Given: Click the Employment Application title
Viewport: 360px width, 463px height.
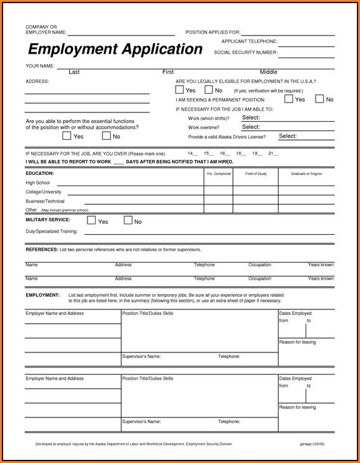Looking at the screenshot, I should pyautogui.click(x=115, y=49).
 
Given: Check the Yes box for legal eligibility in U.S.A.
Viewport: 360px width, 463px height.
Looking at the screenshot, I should pyautogui.click(x=180, y=90).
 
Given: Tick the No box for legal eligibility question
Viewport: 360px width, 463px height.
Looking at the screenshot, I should pyautogui.click(x=209, y=90).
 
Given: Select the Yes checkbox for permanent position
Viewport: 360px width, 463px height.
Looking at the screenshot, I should pyautogui.click(x=289, y=99).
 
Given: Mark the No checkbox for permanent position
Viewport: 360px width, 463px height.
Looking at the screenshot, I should pyautogui.click(x=319, y=99).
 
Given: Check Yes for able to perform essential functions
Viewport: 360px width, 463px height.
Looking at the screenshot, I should pyautogui.click(x=67, y=136).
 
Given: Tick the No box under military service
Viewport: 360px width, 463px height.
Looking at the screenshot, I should pyautogui.click(x=128, y=221).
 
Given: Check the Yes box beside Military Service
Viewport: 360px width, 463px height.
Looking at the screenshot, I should pyautogui.click(x=91, y=221).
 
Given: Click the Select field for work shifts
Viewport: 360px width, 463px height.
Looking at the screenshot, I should pyautogui.click(x=251, y=117).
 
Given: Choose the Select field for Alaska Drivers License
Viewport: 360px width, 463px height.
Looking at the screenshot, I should pyautogui.click(x=287, y=136).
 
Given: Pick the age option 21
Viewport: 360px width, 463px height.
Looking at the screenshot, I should pyautogui.click(x=271, y=153).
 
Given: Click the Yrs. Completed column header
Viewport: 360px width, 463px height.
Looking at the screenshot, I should pyautogui.click(x=218, y=173).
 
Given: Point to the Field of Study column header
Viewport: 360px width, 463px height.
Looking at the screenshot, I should pyautogui.click(x=256, y=173).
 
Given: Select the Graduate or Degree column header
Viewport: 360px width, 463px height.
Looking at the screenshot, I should pyautogui.click(x=306, y=173).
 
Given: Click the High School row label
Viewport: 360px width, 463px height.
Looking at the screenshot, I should pyautogui.click(x=37, y=182).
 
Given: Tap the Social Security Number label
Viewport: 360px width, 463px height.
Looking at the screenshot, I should pyautogui.click(x=245, y=52).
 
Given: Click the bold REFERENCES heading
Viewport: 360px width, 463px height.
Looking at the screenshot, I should pyautogui.click(x=41, y=249).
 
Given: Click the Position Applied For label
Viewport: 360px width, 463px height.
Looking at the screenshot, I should pyautogui.click(x=212, y=32).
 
